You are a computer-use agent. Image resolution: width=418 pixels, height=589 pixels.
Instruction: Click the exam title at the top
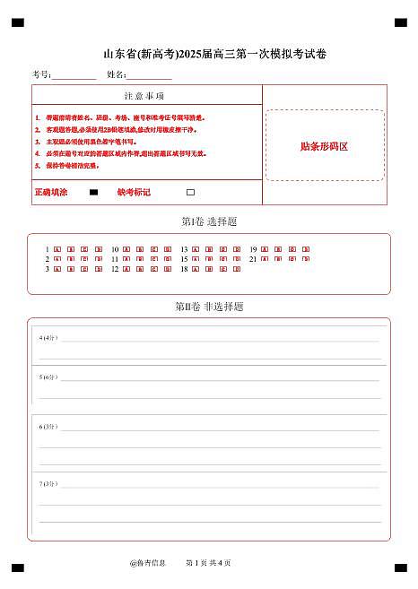click(x=209, y=54)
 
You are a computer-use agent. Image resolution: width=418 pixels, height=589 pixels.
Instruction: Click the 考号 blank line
click(x=74, y=77)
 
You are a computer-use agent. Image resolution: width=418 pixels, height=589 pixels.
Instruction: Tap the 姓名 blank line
click(x=149, y=77)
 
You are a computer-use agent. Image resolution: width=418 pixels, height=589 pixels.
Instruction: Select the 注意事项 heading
click(x=144, y=96)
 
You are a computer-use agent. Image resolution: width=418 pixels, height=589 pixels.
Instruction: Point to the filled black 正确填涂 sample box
click(x=94, y=193)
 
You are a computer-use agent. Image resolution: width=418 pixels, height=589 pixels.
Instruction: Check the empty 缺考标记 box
click(x=190, y=193)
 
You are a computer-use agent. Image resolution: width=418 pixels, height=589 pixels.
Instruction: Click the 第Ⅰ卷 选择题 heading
click(x=209, y=221)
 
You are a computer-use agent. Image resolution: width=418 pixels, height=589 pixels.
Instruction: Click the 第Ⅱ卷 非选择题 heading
click(x=209, y=307)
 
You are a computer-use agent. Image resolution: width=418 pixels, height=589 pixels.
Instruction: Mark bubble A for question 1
click(x=57, y=248)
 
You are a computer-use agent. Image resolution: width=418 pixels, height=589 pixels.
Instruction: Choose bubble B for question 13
click(x=210, y=248)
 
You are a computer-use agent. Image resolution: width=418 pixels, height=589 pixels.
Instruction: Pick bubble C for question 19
click(x=292, y=248)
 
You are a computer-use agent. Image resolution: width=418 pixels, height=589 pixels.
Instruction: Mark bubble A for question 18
click(x=196, y=268)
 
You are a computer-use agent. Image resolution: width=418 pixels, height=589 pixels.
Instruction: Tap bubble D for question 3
click(x=99, y=268)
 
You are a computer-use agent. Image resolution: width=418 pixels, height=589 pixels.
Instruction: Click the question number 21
click(x=253, y=258)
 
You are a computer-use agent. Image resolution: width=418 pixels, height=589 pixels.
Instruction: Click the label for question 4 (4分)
click(x=48, y=338)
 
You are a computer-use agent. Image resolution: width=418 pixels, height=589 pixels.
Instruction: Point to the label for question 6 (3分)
click(x=48, y=427)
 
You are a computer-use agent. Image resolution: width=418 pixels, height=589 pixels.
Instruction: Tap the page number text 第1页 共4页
click(x=208, y=563)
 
